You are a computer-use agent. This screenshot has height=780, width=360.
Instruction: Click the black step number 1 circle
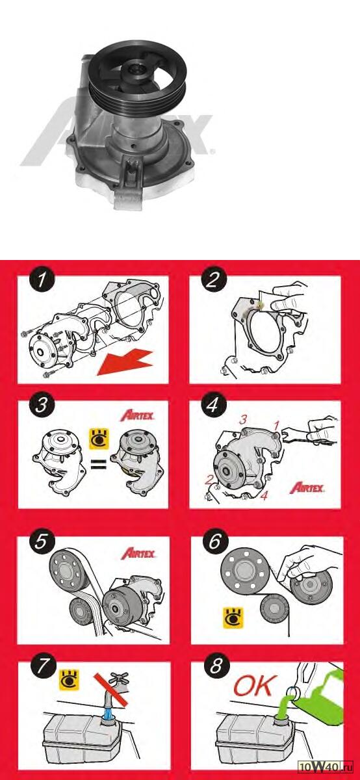pos(42,280)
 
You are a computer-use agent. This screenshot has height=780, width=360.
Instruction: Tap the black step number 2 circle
pos(213,280)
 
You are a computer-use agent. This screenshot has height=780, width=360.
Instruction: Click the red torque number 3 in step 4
pos(242,420)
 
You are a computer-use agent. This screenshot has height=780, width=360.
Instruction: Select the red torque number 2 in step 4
pos(209,480)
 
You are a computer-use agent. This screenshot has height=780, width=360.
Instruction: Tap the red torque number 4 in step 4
pos(264,495)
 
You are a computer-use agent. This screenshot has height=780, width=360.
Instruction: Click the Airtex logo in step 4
pos(307,488)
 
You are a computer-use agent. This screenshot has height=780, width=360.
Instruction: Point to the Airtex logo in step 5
pos(138,553)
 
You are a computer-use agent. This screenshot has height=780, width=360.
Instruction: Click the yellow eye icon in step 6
pos(233,617)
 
